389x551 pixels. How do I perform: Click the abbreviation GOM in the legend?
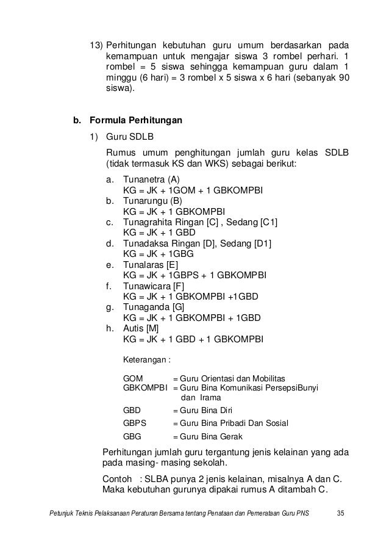coord(133,378)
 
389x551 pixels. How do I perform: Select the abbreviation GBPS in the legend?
coord(135,423)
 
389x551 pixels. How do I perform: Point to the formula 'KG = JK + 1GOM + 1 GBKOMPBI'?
coord(193,190)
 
